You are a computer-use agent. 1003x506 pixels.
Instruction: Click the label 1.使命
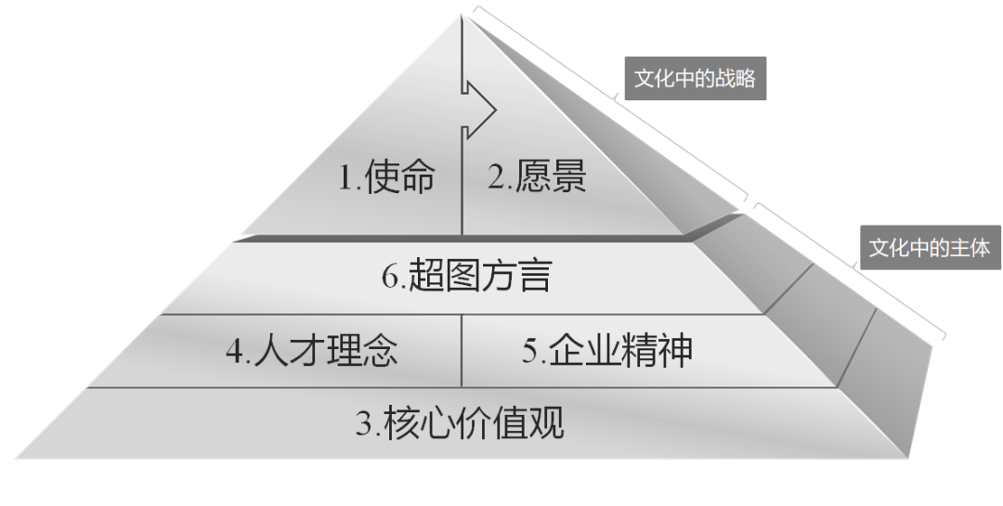coord(385,175)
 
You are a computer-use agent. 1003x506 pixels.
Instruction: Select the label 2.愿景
coord(538,175)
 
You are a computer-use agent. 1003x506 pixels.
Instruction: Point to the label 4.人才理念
coord(311,351)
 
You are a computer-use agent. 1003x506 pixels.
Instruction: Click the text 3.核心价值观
coord(460,424)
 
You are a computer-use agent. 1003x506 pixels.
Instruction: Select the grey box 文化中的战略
coord(695,79)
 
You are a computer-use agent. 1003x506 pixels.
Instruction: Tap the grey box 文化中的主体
coord(929,248)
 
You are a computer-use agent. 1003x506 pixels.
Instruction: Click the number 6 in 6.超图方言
coord(391,277)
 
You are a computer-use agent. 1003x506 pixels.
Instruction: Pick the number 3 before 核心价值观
coord(365,425)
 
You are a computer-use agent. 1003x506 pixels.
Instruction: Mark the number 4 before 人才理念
coord(234,352)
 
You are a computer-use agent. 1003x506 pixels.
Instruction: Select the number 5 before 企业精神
coord(529,352)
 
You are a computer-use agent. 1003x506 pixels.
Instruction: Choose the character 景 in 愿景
coord(566,175)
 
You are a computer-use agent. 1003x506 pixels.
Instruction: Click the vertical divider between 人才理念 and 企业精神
coord(462,350)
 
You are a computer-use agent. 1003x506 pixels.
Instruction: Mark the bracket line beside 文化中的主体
coord(850,268)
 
